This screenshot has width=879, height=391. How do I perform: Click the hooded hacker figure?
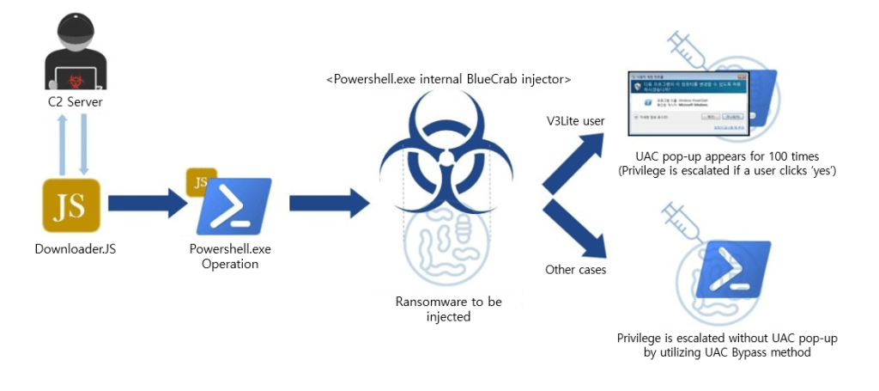click(74, 53)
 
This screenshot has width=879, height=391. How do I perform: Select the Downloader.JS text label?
click(76, 249)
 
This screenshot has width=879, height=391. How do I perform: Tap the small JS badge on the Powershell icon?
click(201, 183)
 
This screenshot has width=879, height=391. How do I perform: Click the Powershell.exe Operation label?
click(229, 257)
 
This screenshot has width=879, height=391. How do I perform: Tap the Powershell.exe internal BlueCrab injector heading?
click(448, 79)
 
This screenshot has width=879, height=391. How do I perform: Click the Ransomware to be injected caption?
click(448, 309)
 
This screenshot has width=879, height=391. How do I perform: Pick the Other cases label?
click(576, 270)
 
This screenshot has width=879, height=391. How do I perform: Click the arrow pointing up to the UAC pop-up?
click(576, 163)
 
